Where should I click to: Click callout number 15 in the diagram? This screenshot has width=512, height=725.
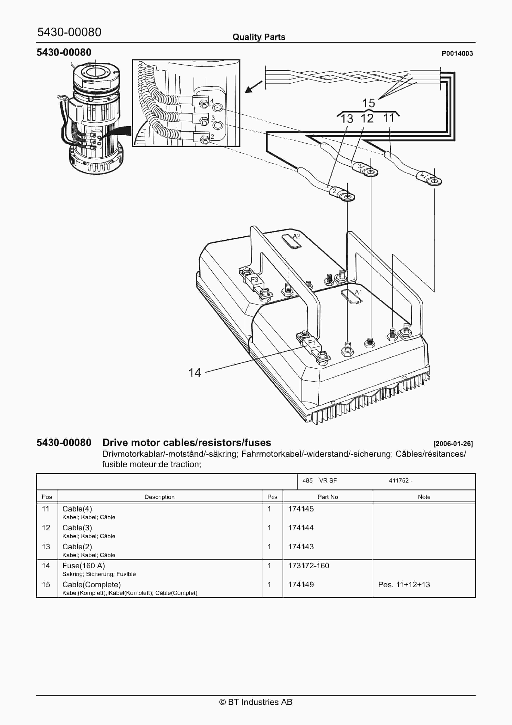[x=368, y=103]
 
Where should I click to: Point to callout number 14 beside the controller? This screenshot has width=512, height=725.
[x=194, y=373]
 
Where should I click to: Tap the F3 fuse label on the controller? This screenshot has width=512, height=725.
[x=254, y=279]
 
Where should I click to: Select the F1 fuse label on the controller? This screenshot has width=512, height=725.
[x=312, y=343]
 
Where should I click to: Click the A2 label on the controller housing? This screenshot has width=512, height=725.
[x=297, y=236]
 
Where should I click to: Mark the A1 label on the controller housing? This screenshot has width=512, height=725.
[x=358, y=292]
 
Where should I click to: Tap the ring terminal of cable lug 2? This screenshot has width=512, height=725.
[x=348, y=197]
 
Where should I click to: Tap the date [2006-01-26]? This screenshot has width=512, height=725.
[x=453, y=444]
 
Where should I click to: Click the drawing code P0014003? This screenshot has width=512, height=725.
[x=457, y=54]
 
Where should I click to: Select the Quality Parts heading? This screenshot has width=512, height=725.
[x=259, y=37]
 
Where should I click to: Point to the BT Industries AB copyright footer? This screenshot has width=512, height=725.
[x=256, y=702]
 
